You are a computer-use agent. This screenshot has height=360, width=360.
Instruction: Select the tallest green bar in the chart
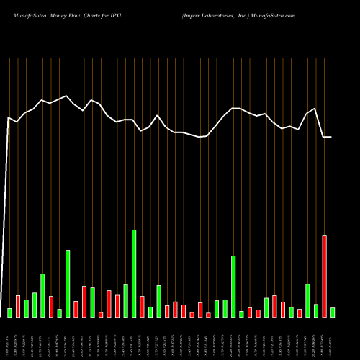(x=134, y=273)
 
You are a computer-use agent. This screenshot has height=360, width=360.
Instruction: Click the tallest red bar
(x=325, y=276)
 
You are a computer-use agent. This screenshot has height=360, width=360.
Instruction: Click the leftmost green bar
(x=9, y=312)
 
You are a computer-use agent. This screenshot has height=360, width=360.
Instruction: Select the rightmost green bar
(x=333, y=312)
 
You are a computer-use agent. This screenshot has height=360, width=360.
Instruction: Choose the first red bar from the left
(x=18, y=306)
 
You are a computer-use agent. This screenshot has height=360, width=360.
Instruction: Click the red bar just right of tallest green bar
(x=142, y=306)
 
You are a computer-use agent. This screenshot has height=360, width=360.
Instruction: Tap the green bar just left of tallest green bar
(x=125, y=300)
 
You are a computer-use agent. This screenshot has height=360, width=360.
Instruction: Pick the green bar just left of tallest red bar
(x=316, y=310)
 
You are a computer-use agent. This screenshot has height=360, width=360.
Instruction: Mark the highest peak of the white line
(x=67, y=96)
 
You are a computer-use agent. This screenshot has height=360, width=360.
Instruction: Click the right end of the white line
(x=330, y=137)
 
